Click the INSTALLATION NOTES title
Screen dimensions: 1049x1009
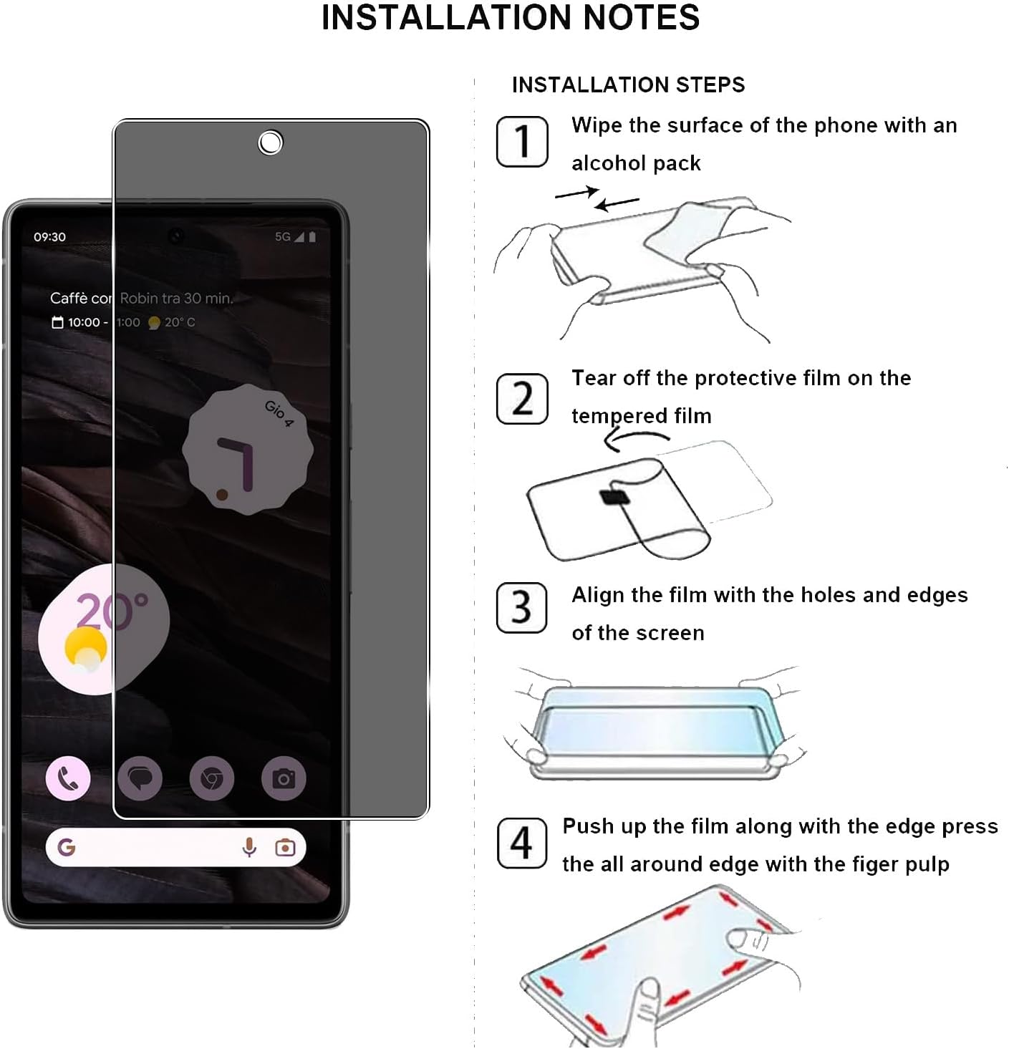[510, 18]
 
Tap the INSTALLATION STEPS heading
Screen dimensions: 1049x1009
[628, 85]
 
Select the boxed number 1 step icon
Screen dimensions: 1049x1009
[522, 142]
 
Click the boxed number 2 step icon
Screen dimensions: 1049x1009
[522, 398]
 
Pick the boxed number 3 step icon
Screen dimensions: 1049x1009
[522, 608]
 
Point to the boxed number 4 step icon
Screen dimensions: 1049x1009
[522, 843]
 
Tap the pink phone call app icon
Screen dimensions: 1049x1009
[68, 778]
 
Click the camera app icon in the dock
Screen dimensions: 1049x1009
[284, 778]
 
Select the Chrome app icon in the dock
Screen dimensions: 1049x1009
[211, 778]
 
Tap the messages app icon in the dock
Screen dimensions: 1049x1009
[140, 778]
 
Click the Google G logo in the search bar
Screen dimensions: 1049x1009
[67, 848]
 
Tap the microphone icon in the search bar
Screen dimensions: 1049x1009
[249, 848]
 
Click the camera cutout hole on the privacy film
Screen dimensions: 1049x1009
[270, 143]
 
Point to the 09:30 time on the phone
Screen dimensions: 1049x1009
[49, 237]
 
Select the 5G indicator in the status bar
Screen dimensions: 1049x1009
[283, 237]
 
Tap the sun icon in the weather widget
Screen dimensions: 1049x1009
[86, 649]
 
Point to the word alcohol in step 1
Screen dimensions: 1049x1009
[609, 163]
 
